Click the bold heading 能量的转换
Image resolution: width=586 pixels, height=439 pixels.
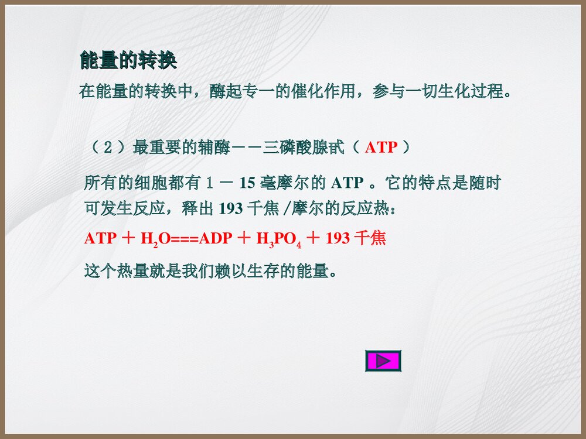coord(128,61)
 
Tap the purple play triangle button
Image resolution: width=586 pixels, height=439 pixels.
coord(383,361)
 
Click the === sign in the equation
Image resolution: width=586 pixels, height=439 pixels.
coord(186,239)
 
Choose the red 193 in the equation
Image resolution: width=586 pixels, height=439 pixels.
coord(338,239)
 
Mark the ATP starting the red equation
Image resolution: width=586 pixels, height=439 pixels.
coord(100,239)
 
